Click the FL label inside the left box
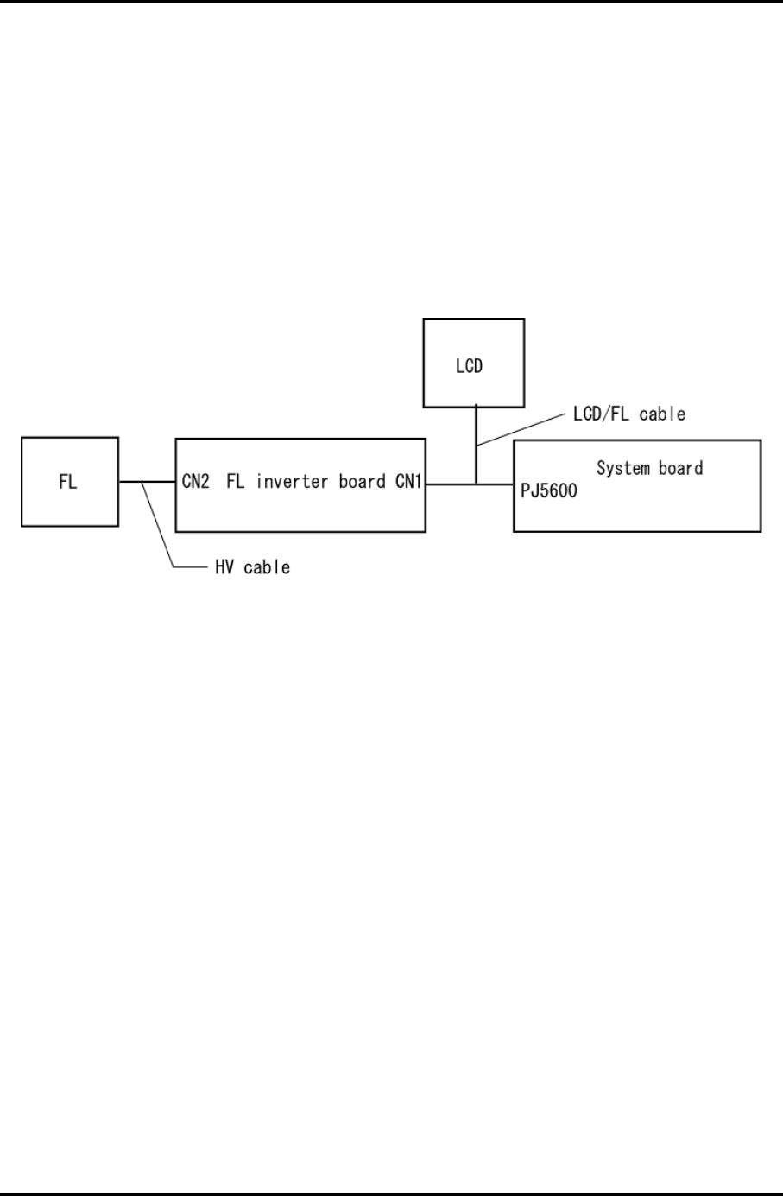click(x=67, y=482)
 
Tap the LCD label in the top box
click(x=469, y=365)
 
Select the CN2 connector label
click(x=196, y=482)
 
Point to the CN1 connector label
click(x=408, y=482)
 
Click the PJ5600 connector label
click(x=549, y=491)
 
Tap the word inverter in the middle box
click(x=292, y=482)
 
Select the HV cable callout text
click(x=252, y=567)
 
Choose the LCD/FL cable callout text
click(x=629, y=414)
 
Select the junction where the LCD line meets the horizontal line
click(x=476, y=484)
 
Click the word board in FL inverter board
click(x=362, y=482)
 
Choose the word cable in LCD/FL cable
click(x=662, y=414)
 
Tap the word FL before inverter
click(x=236, y=482)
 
